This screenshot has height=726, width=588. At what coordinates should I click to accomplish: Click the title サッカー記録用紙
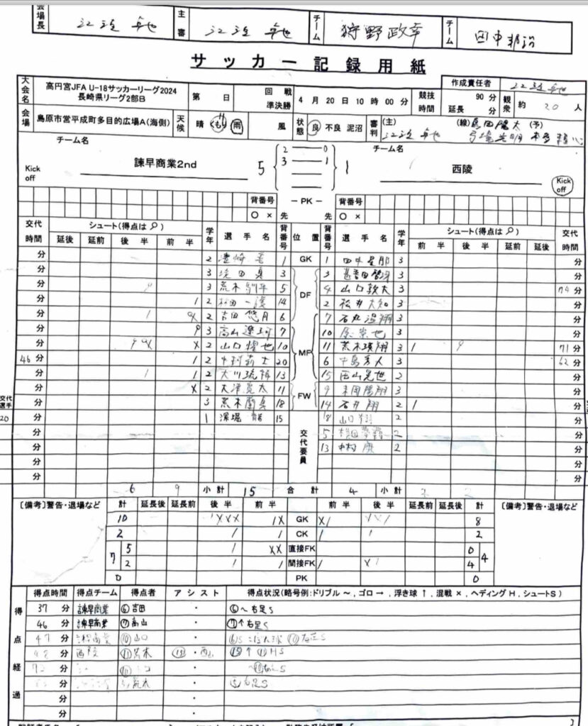tap(307, 65)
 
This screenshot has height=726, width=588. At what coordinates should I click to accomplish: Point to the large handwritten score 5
tap(261, 169)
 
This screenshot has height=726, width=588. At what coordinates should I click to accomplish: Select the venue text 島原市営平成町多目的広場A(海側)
tap(106, 122)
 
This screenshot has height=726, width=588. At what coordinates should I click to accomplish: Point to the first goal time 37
tap(45, 608)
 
